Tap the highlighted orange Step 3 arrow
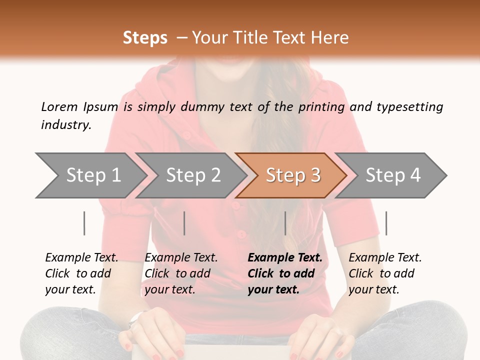click(293, 175)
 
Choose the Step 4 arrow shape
click(393, 175)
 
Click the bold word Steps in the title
click(145, 38)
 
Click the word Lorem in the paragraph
click(59, 107)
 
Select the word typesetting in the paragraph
click(409, 107)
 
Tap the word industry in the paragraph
click(65, 125)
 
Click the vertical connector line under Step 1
click(84, 223)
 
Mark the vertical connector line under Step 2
click(184, 223)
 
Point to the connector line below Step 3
click(285, 223)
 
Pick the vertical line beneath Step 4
click(386, 223)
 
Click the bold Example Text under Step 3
click(285, 258)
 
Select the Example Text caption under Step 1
click(81, 258)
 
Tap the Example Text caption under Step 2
click(181, 258)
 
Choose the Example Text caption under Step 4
click(385, 258)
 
